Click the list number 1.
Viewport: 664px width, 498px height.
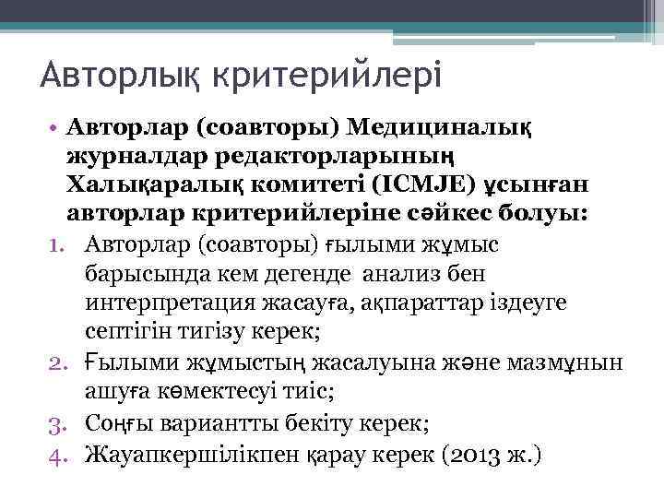pyautogui.click(x=69, y=244)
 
